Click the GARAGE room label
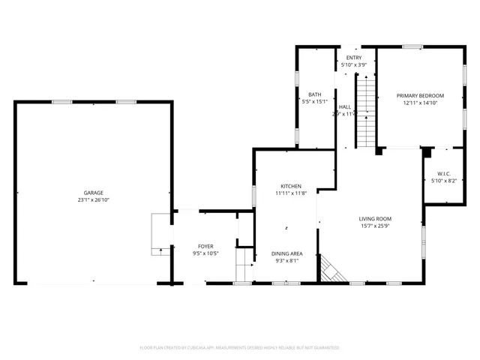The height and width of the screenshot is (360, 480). (93, 193)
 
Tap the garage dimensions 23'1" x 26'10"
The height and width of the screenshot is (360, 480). (93, 200)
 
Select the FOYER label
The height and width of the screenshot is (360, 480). (205, 246)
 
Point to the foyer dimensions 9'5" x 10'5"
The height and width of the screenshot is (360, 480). (205, 253)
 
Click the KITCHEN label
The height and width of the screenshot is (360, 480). (291, 186)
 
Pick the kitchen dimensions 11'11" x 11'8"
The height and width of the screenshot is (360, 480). (291, 193)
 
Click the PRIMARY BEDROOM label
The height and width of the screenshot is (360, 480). (420, 96)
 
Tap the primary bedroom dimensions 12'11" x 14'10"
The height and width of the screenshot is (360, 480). (420, 103)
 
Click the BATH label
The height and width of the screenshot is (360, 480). (315, 94)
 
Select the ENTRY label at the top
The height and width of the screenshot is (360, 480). (353, 58)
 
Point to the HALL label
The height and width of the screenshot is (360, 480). (344, 107)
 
